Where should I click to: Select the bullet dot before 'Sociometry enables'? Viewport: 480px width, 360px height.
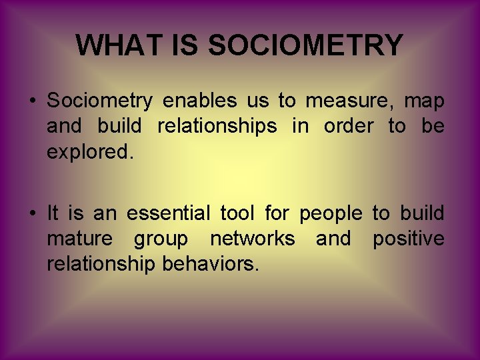click(x=31, y=102)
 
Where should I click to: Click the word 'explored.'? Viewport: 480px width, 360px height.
click(x=90, y=152)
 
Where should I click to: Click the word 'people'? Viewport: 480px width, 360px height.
click(x=331, y=214)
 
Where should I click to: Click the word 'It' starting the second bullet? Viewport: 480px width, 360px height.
click(x=54, y=214)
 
